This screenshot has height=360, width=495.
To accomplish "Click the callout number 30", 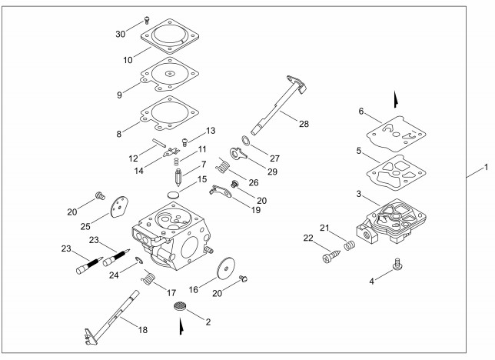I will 120,34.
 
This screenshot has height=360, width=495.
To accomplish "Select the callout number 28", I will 305,123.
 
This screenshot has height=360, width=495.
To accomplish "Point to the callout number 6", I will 360,112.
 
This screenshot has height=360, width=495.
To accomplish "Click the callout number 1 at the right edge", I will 484,168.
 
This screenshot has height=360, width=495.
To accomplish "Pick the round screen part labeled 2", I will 181,306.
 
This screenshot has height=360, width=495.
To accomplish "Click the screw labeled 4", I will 399,265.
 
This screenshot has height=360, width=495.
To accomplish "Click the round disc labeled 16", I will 226,269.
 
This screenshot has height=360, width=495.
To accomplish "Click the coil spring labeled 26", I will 224,165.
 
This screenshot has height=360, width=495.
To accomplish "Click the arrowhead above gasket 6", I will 396,98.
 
